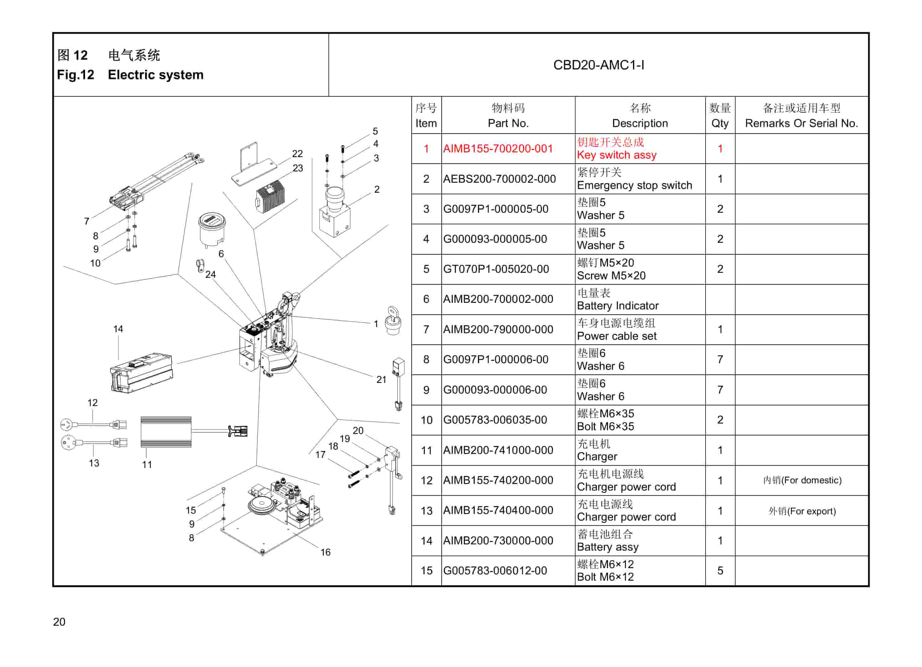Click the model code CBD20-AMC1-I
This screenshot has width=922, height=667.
[598, 65]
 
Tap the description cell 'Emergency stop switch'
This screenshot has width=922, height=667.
[634, 185]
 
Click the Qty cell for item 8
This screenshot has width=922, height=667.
[720, 359]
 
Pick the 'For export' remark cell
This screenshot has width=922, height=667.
[802, 511]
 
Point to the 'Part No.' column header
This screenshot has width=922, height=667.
[508, 123]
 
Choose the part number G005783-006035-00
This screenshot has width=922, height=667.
[495, 420]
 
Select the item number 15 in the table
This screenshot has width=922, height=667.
[426, 570]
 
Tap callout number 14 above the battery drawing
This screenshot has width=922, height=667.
[118, 328]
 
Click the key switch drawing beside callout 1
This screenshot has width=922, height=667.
[393, 321]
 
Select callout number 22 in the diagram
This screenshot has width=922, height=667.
[297, 153]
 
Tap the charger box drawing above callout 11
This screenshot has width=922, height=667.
[166, 431]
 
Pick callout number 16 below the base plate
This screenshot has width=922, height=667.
[325, 552]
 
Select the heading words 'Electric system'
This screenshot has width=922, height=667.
[155, 75]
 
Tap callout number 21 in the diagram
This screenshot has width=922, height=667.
[381, 379]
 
